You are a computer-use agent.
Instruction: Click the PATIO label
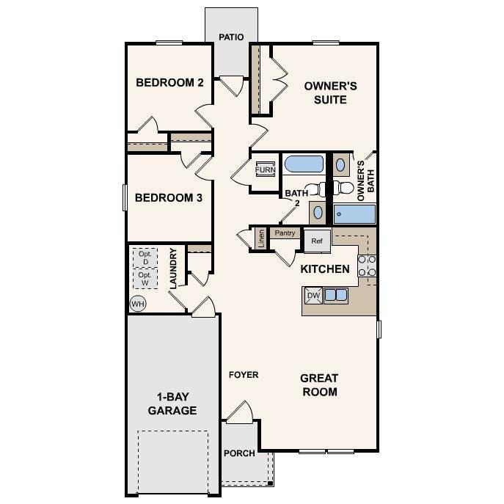pos(231,37)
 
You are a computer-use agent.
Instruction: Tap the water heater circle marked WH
pos(138,304)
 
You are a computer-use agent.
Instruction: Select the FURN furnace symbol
pos(265,169)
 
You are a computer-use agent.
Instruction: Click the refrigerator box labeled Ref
pos(317,241)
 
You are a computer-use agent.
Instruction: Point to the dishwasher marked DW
pos(313,296)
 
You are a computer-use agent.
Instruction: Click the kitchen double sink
pos(335,295)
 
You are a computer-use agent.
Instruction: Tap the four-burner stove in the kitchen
pos(367,266)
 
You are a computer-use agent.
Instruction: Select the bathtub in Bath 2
pos(304,164)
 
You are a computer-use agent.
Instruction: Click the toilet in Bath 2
pos(316,189)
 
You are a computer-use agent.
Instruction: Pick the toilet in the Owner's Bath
pos(343,188)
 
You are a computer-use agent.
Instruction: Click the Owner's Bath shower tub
pos(354,213)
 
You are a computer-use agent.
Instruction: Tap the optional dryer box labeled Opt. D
pos(145,258)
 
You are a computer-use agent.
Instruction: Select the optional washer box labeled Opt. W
pos(145,278)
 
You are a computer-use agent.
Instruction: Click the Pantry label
pos(285,233)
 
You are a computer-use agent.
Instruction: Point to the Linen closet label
pos(261,238)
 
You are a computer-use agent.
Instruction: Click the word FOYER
pos(244,375)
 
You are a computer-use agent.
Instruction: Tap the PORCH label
pos(239,453)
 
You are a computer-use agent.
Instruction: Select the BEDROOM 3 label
pos(169,197)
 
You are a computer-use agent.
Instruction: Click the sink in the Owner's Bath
pos(340,165)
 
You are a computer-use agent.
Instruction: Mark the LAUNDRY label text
pos(173,269)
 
